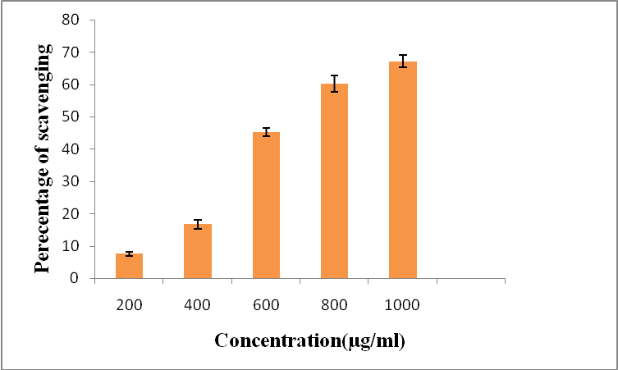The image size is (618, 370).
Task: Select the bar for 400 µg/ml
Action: tap(197, 251)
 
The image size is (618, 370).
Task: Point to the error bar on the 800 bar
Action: tap(334, 84)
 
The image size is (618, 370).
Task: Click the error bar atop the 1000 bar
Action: tap(402, 61)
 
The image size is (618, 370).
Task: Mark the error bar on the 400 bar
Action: tap(197, 224)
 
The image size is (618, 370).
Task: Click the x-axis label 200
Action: tap(129, 304)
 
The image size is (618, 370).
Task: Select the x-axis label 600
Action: tap(266, 304)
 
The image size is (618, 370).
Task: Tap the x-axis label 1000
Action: tap(402, 304)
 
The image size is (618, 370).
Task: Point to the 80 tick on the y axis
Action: tap(76, 21)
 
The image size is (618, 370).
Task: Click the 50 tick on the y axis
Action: tap(76, 116)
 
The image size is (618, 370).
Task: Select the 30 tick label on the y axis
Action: tap(76, 181)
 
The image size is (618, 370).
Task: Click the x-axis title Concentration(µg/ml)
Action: tap(309, 340)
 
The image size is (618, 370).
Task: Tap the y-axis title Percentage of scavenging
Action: tap(43, 158)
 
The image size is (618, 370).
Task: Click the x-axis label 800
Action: tap(334, 304)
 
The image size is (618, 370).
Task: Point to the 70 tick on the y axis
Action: tap(76, 53)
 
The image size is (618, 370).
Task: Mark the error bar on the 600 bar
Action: tap(266, 131)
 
